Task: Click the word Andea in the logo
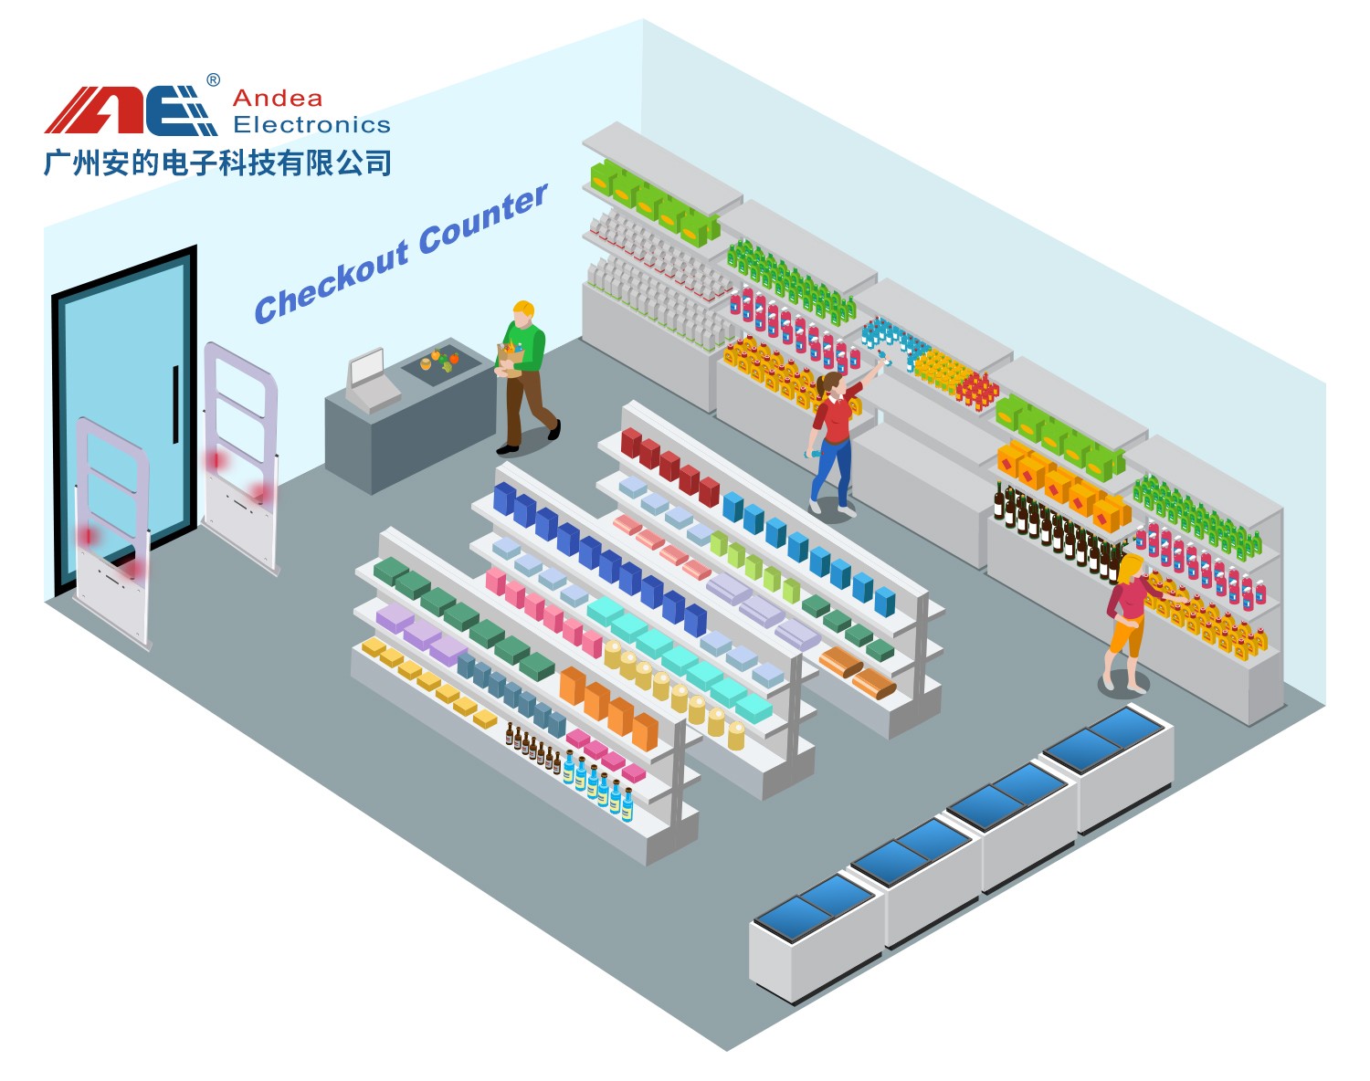(278, 99)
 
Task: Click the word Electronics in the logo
(311, 125)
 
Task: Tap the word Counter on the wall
(483, 218)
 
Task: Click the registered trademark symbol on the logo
(214, 80)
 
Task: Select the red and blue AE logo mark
(131, 110)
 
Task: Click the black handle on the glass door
(175, 404)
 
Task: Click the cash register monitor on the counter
(367, 368)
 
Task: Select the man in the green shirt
(524, 374)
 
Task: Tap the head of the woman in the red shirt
(832, 384)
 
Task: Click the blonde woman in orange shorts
(1127, 622)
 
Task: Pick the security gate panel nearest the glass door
(113, 535)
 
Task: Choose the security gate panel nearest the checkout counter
(240, 457)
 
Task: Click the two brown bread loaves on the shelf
(858, 672)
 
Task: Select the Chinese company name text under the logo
(217, 163)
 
